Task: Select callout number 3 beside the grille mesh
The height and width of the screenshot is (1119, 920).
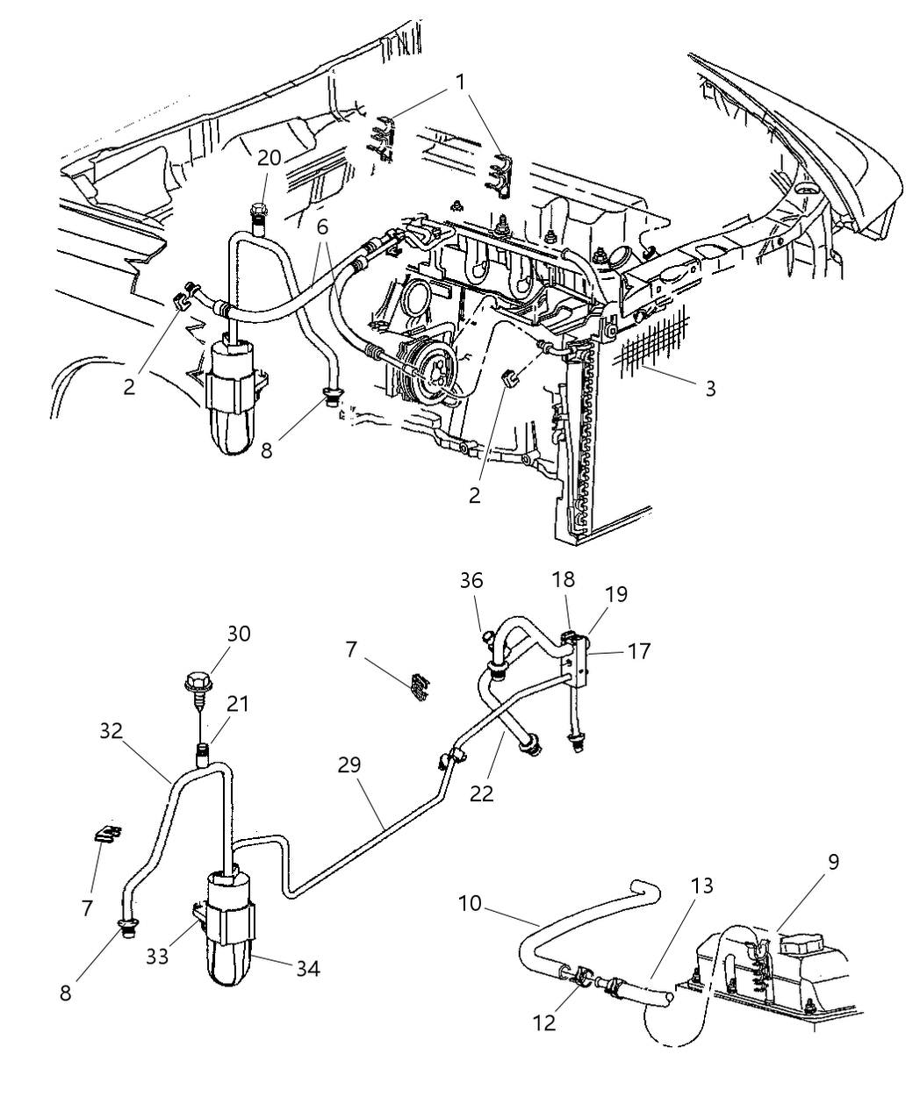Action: pos(710,388)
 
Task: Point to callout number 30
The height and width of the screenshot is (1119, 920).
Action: pos(213,634)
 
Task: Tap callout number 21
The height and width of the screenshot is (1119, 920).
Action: pos(238,704)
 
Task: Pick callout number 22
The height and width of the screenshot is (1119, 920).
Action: pos(481,793)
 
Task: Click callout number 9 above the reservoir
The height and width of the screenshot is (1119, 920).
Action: pos(832,861)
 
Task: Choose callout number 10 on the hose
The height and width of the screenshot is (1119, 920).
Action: pos(471,902)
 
